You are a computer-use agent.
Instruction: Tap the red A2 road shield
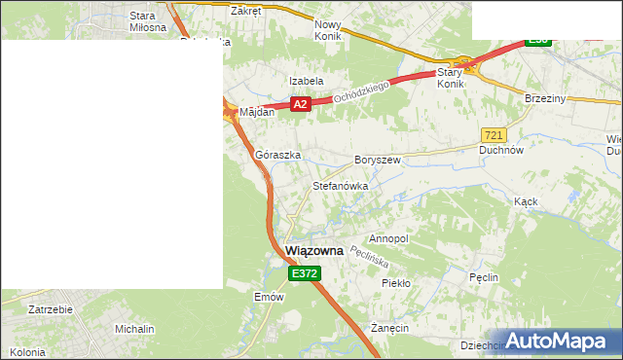(300, 104)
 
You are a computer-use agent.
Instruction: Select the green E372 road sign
(304, 274)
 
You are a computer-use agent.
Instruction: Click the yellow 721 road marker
(493, 134)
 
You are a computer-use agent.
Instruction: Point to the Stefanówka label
(340, 185)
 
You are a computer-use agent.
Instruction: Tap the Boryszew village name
(378, 159)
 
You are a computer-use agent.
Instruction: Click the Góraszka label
(277, 155)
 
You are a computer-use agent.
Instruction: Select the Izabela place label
(306, 81)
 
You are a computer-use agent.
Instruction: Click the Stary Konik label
(450, 78)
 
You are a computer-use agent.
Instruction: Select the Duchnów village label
(502, 151)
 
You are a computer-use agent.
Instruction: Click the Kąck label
(526, 201)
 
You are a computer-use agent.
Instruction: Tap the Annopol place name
(388, 238)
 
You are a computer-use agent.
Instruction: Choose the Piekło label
(396, 283)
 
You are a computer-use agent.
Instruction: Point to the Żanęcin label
(389, 328)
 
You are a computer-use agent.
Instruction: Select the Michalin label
(134, 329)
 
